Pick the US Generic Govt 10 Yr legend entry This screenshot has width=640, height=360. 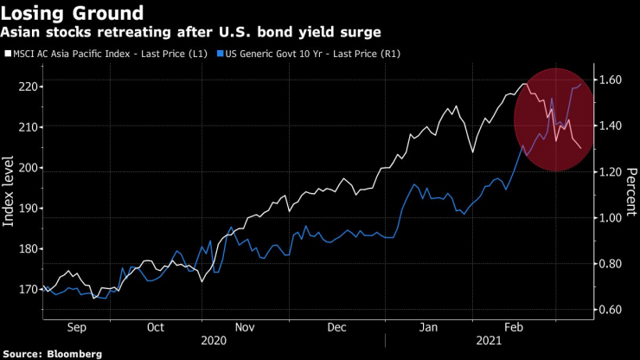click(315, 54)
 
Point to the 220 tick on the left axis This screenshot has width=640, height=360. click(27, 87)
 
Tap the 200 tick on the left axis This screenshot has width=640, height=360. click(27, 168)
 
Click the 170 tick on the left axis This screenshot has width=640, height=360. click(27, 290)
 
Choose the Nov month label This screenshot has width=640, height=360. click(245, 328)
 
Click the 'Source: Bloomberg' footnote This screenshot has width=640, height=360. click(53, 354)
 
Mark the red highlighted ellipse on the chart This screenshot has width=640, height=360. click(554, 119)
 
